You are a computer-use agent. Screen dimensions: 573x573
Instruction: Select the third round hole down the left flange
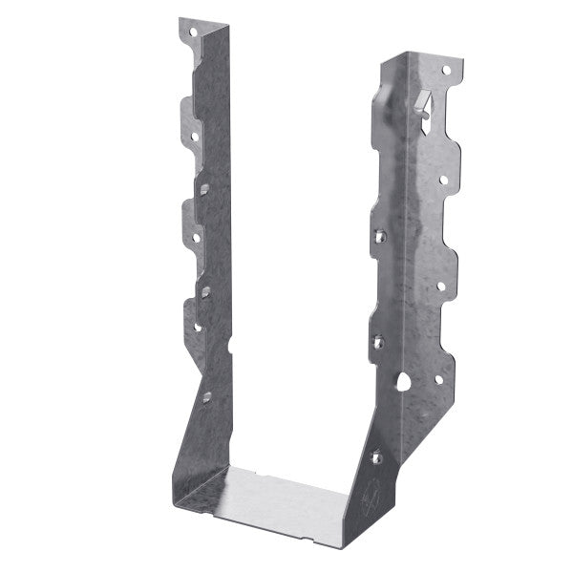197,236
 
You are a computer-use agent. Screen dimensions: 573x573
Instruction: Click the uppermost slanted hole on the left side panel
204,188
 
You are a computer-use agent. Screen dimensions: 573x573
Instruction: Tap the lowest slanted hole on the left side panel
206,394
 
